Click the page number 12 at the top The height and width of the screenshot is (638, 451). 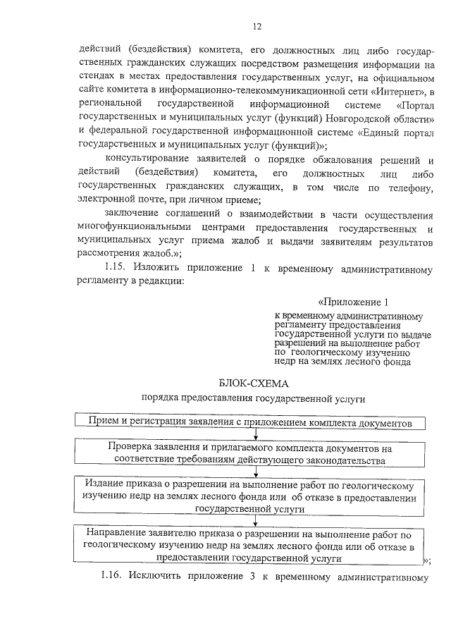[257, 27]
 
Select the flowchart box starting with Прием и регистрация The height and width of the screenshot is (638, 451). [252, 422]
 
